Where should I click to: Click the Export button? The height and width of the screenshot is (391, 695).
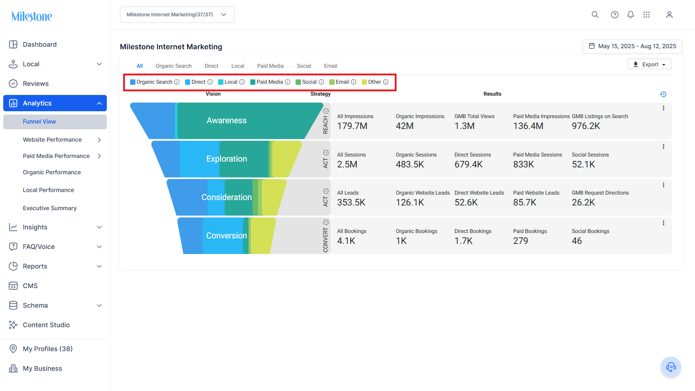pos(649,64)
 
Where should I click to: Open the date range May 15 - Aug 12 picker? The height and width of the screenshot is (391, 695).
pos(632,46)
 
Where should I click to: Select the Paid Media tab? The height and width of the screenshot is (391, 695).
pos(270,66)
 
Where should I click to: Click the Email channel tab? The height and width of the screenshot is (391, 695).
pos(330,66)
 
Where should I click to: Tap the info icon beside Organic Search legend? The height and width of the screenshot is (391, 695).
pos(177,82)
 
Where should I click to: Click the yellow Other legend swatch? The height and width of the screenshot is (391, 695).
pos(364,82)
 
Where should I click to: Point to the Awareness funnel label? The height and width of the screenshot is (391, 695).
pos(226,120)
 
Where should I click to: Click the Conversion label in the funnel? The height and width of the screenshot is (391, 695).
pos(226,236)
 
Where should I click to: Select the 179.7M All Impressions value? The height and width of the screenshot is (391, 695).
pos(352,126)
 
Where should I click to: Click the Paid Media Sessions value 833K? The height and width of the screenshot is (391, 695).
pos(523,165)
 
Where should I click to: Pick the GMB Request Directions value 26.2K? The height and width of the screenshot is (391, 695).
pos(583,203)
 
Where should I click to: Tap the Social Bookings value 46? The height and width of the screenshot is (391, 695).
pos(577,241)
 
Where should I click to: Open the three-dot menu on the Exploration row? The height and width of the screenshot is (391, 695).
pos(663,147)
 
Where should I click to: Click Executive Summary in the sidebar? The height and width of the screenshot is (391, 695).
pos(50,208)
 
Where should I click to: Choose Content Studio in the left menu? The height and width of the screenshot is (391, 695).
pos(46,325)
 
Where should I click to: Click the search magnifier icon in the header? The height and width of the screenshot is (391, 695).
pos(595,14)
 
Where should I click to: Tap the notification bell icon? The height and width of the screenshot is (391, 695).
pos(631,14)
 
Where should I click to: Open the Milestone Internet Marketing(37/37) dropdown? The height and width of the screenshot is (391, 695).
pos(177,14)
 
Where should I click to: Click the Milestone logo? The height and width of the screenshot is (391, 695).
pos(32,16)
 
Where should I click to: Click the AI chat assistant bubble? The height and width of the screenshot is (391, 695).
pos(671,367)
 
